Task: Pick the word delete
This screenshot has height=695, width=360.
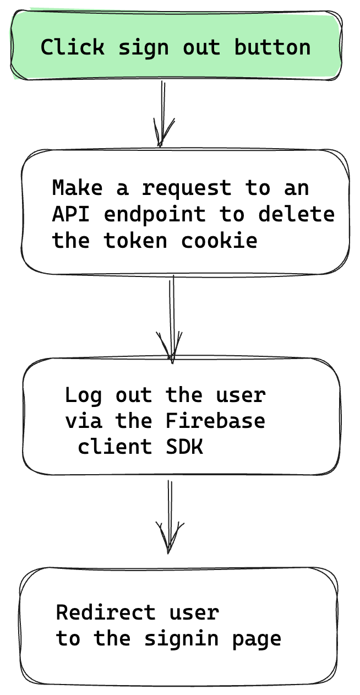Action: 297,214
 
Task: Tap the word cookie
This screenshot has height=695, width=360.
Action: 219,240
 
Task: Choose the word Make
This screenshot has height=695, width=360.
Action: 77,188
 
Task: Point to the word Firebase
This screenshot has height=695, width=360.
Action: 216,421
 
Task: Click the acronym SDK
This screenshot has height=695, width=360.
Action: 184,447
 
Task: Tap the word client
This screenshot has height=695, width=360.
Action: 115,447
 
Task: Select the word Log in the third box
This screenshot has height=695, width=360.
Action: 83,395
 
